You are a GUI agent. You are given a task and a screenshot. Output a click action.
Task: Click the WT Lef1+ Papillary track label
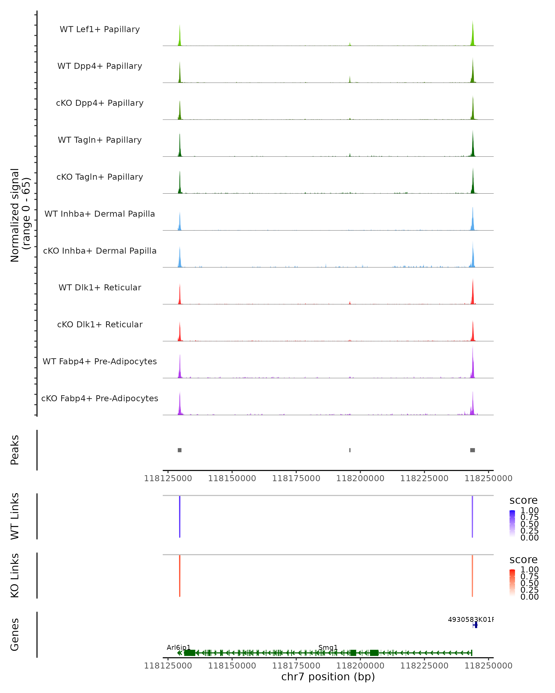100,29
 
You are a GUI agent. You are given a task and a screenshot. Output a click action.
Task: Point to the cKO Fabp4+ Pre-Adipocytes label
100,398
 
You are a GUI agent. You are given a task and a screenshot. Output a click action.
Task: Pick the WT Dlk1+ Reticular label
100,287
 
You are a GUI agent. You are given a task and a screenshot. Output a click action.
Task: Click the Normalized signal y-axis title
20,215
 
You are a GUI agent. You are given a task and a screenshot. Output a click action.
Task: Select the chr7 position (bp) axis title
328,677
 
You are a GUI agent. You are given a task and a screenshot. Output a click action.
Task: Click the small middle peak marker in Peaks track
350,450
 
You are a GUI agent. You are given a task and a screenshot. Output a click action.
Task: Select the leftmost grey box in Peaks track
179,450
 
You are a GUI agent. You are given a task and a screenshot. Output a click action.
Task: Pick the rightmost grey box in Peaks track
472,450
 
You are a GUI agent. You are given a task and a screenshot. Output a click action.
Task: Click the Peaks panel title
15,450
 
